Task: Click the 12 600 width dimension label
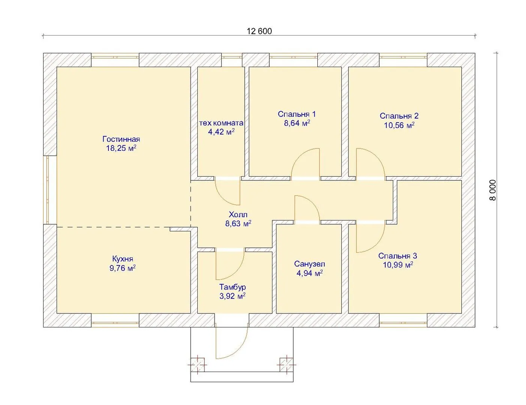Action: (x=259, y=31)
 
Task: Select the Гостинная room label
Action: (x=121, y=139)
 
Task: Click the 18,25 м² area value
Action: (x=121, y=148)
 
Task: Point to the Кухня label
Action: (x=123, y=259)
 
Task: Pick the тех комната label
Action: (x=221, y=123)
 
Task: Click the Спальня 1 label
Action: (x=296, y=114)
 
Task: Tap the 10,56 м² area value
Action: (x=399, y=125)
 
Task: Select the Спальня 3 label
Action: (x=398, y=256)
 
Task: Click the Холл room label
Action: (x=238, y=214)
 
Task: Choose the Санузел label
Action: (x=310, y=264)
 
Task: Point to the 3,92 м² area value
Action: (x=232, y=296)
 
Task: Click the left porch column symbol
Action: (x=197, y=364)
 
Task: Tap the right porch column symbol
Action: (x=287, y=364)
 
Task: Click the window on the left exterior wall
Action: (x=48, y=190)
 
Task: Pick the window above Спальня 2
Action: (x=403, y=57)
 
